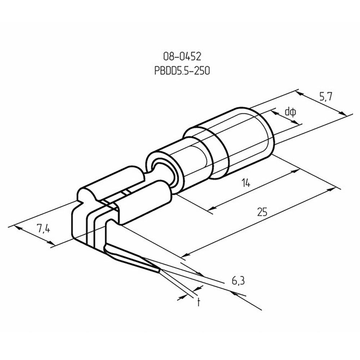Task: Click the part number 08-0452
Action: pyautogui.click(x=182, y=57)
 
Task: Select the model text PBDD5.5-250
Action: pyautogui.click(x=182, y=71)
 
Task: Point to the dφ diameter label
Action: pyautogui.click(x=291, y=112)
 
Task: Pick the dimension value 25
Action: pyautogui.click(x=262, y=212)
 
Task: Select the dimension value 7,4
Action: pyautogui.click(x=43, y=229)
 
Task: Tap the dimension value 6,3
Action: pyautogui.click(x=238, y=281)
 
